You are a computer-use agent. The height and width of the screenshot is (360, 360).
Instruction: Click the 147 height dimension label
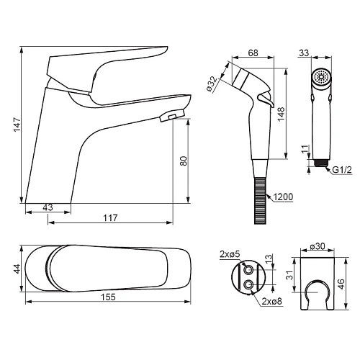click(17, 125)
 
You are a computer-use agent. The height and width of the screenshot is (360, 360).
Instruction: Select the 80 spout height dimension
click(184, 161)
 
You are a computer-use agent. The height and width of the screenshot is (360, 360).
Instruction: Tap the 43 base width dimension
click(48, 207)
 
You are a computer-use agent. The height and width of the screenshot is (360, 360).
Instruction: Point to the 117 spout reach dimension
click(110, 217)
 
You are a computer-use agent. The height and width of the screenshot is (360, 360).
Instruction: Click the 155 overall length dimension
click(108, 297)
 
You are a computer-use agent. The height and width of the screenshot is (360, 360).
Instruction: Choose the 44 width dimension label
click(17, 269)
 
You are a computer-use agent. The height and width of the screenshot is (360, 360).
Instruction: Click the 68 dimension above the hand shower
click(253, 53)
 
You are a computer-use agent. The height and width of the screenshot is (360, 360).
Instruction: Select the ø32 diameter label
click(212, 84)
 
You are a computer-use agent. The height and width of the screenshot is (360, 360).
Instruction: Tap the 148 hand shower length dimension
click(281, 114)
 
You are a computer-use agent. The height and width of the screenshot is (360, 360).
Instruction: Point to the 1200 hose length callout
click(283, 197)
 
